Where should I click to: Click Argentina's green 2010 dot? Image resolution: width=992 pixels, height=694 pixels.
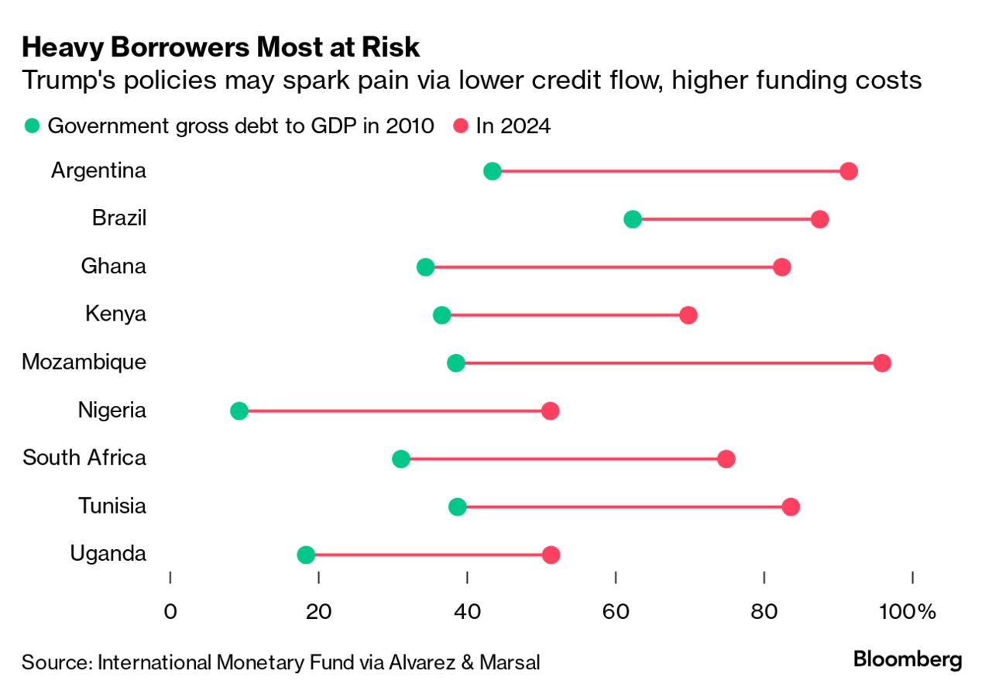[x=492, y=171]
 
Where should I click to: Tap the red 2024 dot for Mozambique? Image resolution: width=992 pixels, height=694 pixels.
[x=881, y=363]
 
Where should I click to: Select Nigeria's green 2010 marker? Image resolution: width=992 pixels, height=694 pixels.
[x=239, y=411]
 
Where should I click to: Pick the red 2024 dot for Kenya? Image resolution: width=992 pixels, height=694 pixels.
[x=688, y=315]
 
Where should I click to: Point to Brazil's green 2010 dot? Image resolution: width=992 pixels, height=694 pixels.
[x=633, y=219]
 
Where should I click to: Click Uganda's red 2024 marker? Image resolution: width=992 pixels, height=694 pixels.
[x=551, y=555]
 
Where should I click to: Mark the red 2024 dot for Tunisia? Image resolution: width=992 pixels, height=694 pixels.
[x=791, y=507]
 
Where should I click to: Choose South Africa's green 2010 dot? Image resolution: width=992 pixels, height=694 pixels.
[x=401, y=459]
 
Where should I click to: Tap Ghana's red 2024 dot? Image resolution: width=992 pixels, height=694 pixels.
[x=782, y=267]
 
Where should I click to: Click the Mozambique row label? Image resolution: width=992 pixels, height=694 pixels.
[x=84, y=362]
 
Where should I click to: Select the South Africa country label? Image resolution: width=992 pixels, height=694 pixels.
[x=84, y=458]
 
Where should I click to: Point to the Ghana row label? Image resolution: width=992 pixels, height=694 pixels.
[x=113, y=266]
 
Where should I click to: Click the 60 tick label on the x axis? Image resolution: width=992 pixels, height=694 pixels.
[x=616, y=612]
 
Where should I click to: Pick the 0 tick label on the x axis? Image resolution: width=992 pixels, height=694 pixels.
[x=170, y=612]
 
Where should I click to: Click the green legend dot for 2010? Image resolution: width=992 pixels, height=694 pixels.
[x=32, y=126]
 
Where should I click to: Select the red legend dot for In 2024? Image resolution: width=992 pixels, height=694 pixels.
[x=461, y=126]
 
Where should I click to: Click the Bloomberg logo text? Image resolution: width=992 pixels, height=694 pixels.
[x=908, y=660]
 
